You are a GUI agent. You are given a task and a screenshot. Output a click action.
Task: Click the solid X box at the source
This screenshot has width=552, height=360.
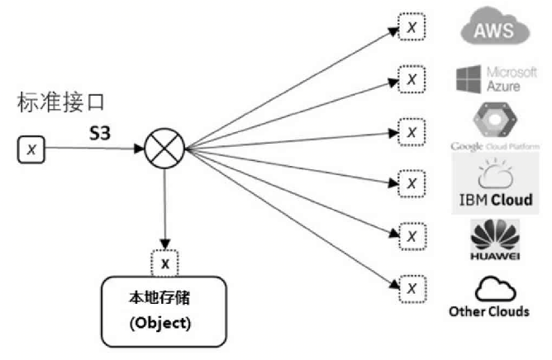[x=31, y=149]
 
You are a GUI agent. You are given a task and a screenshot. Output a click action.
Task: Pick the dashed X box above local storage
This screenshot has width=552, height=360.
[x=165, y=263]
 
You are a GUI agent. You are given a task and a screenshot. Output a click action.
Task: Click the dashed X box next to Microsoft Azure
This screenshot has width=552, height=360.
[x=411, y=79]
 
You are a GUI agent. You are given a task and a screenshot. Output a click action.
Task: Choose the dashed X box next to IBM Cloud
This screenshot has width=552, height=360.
[x=411, y=180]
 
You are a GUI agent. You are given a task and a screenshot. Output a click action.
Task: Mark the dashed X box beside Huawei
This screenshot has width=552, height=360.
[x=411, y=234]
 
